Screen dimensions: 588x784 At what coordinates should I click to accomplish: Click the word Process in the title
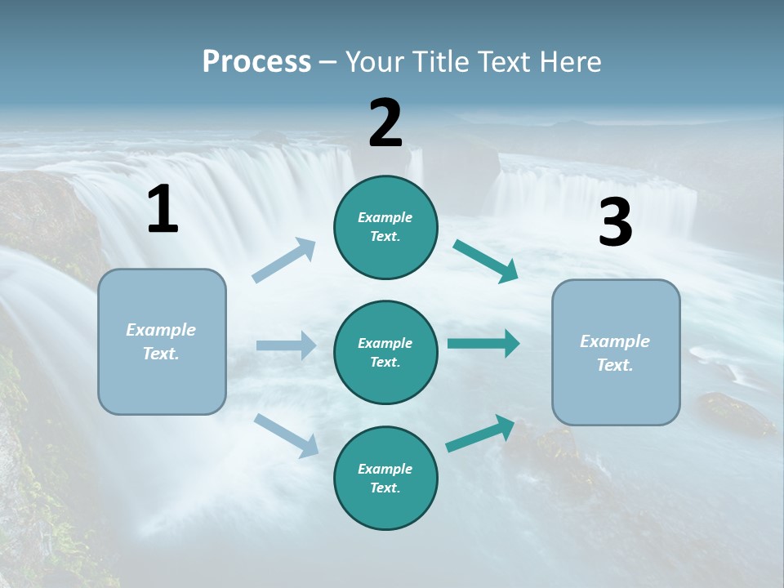coord(256,62)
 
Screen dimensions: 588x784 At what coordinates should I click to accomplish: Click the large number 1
coord(163,210)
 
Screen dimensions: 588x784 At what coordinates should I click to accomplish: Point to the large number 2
coord(385,123)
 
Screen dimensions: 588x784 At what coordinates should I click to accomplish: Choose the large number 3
coord(615,224)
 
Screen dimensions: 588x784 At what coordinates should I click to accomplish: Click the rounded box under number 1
coord(162,341)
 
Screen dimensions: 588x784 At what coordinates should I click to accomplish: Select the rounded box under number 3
coord(616,352)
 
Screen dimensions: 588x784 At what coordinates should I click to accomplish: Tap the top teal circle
coord(385,227)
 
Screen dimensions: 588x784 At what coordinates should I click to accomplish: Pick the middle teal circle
coord(385,352)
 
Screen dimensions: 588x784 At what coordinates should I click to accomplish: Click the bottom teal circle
coord(385,478)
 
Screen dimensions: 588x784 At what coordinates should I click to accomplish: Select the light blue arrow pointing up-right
coord(284,261)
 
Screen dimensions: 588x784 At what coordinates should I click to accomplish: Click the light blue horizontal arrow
coord(286,345)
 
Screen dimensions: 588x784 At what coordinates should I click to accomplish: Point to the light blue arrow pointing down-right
coord(287,434)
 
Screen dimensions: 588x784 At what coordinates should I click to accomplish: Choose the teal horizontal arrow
coord(483,344)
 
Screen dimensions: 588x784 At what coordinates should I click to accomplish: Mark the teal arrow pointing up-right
coord(481,434)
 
